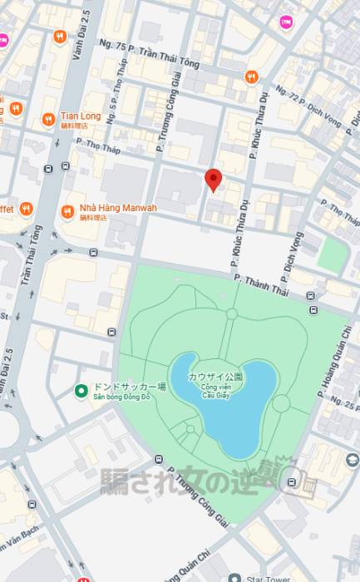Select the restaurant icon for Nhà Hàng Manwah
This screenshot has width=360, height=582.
pos(68,213)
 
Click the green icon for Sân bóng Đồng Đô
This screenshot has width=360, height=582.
pos(81,391)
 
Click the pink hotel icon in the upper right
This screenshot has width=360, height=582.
pos(288,22)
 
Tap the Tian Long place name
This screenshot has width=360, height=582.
pos(81,116)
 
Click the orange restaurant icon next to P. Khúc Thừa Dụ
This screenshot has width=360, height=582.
pos(251,77)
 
